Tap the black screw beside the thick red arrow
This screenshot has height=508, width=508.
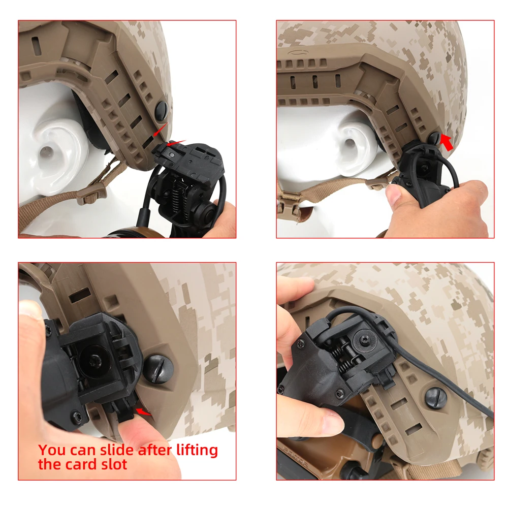435,137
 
